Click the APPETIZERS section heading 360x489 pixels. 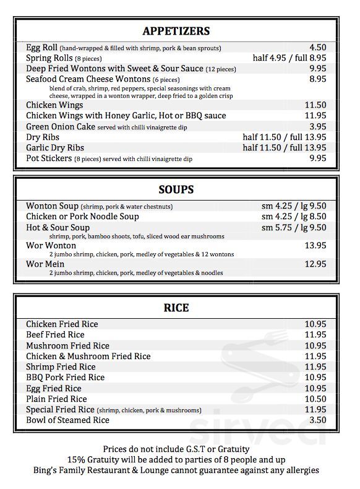[x=176, y=31]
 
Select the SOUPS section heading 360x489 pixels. [x=176, y=189]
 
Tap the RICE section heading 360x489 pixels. [x=176, y=308]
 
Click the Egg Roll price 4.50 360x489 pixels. [x=317, y=47]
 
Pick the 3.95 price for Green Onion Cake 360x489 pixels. [x=317, y=126]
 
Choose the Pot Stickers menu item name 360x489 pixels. [x=49, y=158]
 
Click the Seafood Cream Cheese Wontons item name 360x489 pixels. [x=88, y=79]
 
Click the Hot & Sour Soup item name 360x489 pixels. [x=58, y=228]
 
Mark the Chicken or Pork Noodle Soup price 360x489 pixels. [x=294, y=217]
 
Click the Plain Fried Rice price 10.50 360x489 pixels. [x=315, y=399]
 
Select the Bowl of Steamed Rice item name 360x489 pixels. [x=67, y=420]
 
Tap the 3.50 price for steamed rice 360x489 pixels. [x=317, y=420]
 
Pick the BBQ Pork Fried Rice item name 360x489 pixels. [x=65, y=378]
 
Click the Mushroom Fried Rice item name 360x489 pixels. [x=67, y=346]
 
